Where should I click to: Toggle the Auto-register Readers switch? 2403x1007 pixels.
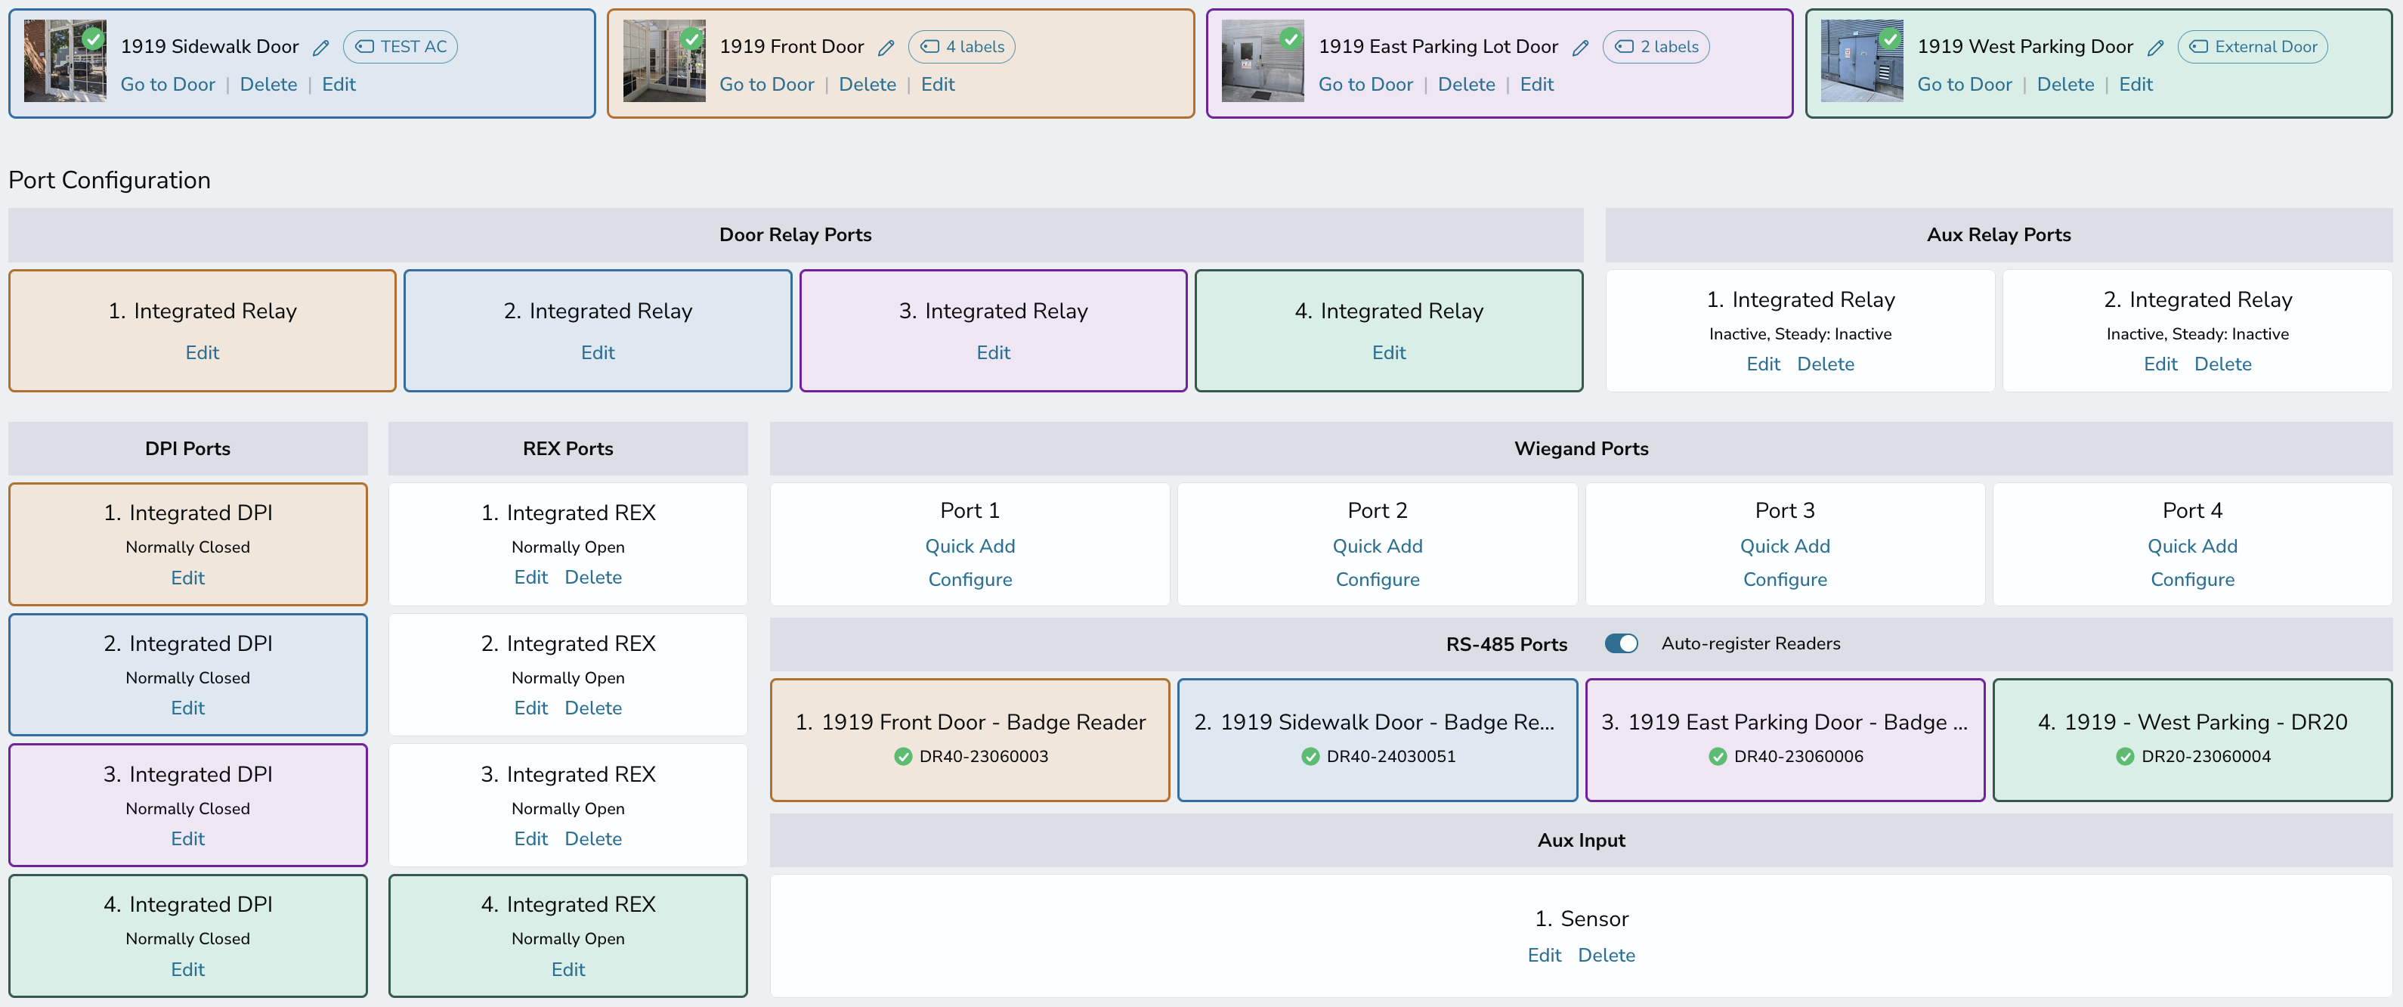point(1622,643)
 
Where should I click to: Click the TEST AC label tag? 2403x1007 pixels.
point(400,47)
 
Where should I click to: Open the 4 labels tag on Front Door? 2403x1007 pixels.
point(962,47)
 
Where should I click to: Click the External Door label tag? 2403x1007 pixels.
point(2253,47)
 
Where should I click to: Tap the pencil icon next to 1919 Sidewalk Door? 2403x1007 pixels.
point(321,48)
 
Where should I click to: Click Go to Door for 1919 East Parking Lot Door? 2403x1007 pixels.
point(1365,84)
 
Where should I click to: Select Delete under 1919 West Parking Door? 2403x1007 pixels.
point(2065,84)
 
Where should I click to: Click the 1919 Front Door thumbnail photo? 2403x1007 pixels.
point(664,60)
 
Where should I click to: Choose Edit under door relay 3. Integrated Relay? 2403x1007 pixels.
point(994,353)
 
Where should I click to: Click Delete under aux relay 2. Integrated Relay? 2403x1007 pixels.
point(2223,364)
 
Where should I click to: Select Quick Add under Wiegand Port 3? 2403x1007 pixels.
point(1785,546)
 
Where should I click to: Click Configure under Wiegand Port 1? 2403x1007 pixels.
point(970,580)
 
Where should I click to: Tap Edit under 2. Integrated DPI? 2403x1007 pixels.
point(187,708)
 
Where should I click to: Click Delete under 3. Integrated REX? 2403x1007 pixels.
point(593,838)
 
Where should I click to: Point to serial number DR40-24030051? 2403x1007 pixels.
point(1391,756)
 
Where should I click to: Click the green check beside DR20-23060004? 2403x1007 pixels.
point(2125,756)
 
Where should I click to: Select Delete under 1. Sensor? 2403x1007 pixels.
point(1607,955)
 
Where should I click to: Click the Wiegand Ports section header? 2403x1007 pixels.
point(1581,449)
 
